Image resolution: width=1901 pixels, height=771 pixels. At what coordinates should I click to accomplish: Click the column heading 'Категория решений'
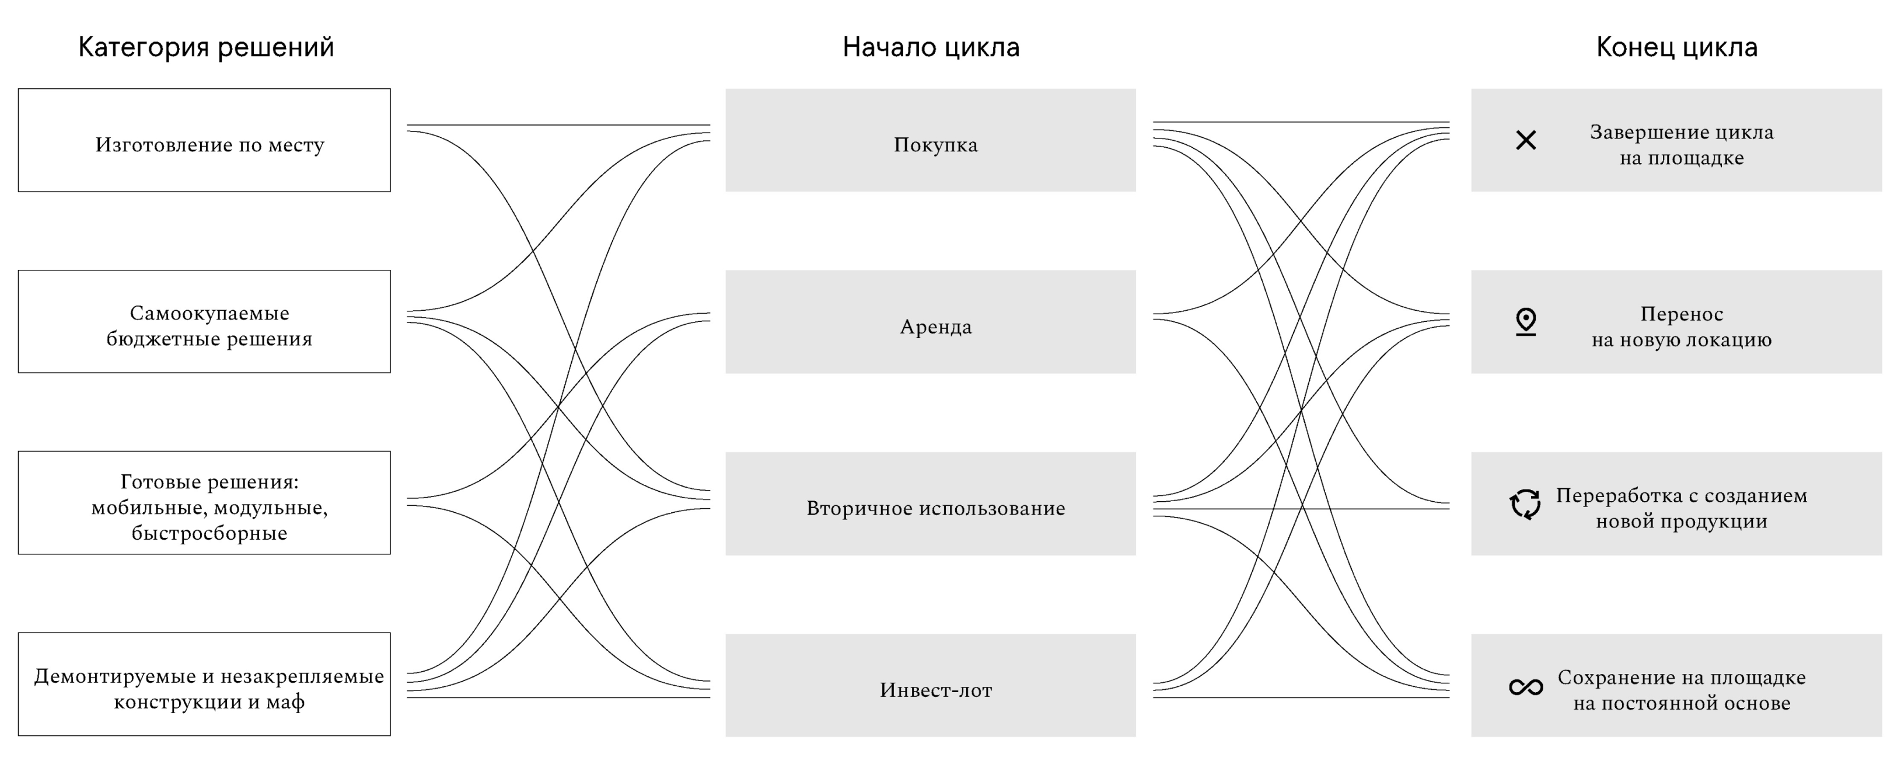coord(206,47)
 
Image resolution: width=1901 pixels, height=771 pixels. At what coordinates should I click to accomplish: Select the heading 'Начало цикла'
coord(931,47)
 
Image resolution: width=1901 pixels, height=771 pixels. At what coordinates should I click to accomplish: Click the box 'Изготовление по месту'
coord(204,140)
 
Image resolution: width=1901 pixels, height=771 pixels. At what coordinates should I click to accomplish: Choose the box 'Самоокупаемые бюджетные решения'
coord(204,321)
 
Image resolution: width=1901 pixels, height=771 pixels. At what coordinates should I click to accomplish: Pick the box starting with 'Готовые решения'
coord(204,502)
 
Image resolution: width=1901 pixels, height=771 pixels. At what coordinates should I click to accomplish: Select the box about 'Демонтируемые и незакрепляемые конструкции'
coord(204,684)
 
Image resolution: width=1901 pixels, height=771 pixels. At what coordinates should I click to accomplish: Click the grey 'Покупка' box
coord(931,140)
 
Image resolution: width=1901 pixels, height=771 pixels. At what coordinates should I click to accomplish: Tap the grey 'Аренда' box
coord(931,322)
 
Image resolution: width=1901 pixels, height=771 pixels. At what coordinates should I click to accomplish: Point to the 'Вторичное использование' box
coord(931,503)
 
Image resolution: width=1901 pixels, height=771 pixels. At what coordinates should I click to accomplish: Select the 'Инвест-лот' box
coord(931,685)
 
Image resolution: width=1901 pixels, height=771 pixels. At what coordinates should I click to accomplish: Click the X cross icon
coord(1525,140)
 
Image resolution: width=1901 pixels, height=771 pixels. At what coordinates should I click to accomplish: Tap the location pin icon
coord(1525,322)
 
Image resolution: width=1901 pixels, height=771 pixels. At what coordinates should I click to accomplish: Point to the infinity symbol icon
coord(1525,687)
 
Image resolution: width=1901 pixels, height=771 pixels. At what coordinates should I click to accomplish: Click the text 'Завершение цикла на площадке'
coord(1681,145)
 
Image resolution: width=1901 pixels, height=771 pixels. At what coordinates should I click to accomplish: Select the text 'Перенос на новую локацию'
coord(1681,327)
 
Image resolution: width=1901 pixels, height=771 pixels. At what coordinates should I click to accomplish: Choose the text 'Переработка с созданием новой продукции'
coord(1681,508)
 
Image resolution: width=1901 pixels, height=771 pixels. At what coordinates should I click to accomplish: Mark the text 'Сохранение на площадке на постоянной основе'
coord(1681,690)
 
